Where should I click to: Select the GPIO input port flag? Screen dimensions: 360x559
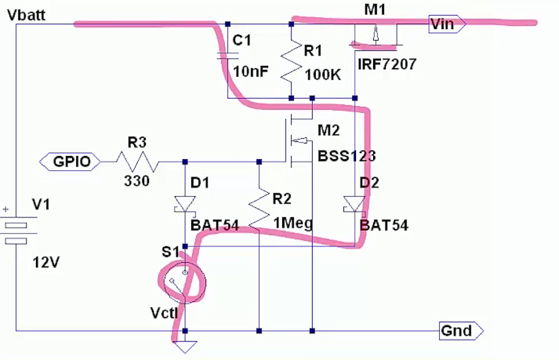(x=70, y=162)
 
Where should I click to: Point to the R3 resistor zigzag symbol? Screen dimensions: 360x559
(x=137, y=162)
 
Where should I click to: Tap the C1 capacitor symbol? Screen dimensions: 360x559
(x=227, y=56)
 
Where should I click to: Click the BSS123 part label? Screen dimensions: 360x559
(x=347, y=155)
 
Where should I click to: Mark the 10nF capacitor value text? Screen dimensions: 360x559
(x=252, y=72)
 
